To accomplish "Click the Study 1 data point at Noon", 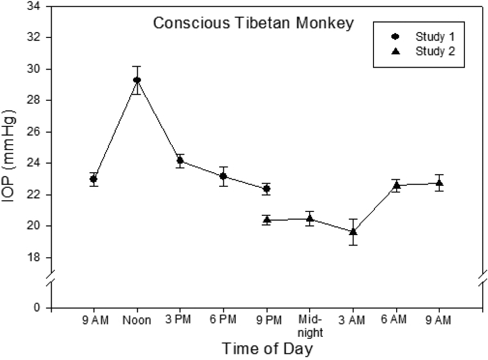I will pyautogui.click(x=137, y=80).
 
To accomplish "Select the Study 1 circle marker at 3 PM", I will pyautogui.click(x=180, y=161).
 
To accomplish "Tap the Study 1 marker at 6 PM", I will pyautogui.click(x=223, y=176).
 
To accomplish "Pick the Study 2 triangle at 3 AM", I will pyautogui.click(x=353, y=231).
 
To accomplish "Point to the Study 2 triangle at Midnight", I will pyautogui.click(x=310, y=218).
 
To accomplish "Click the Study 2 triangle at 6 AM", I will pyautogui.click(x=396, y=185).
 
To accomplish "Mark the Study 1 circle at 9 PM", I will pyautogui.click(x=267, y=189).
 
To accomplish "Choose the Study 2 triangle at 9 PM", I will pyautogui.click(x=267, y=220).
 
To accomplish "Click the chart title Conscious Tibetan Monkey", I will pyautogui.click(x=253, y=23).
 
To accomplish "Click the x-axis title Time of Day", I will pyautogui.click(x=268, y=349).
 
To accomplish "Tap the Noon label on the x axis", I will pyautogui.click(x=137, y=320).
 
